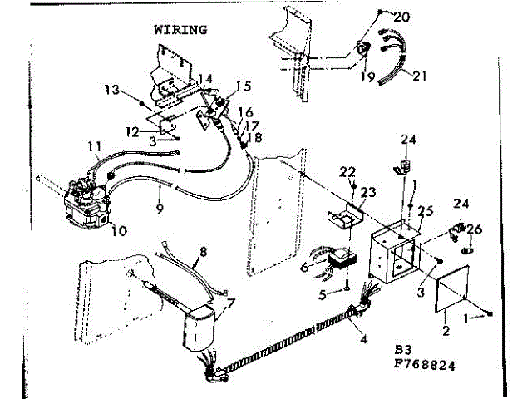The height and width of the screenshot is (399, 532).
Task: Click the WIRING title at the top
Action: [180, 29]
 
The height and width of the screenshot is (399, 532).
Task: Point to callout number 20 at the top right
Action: [401, 16]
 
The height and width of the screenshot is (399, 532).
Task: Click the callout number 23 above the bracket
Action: [367, 192]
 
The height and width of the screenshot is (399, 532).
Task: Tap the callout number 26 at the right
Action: [475, 229]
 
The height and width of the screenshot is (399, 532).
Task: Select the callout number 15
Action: [243, 86]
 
